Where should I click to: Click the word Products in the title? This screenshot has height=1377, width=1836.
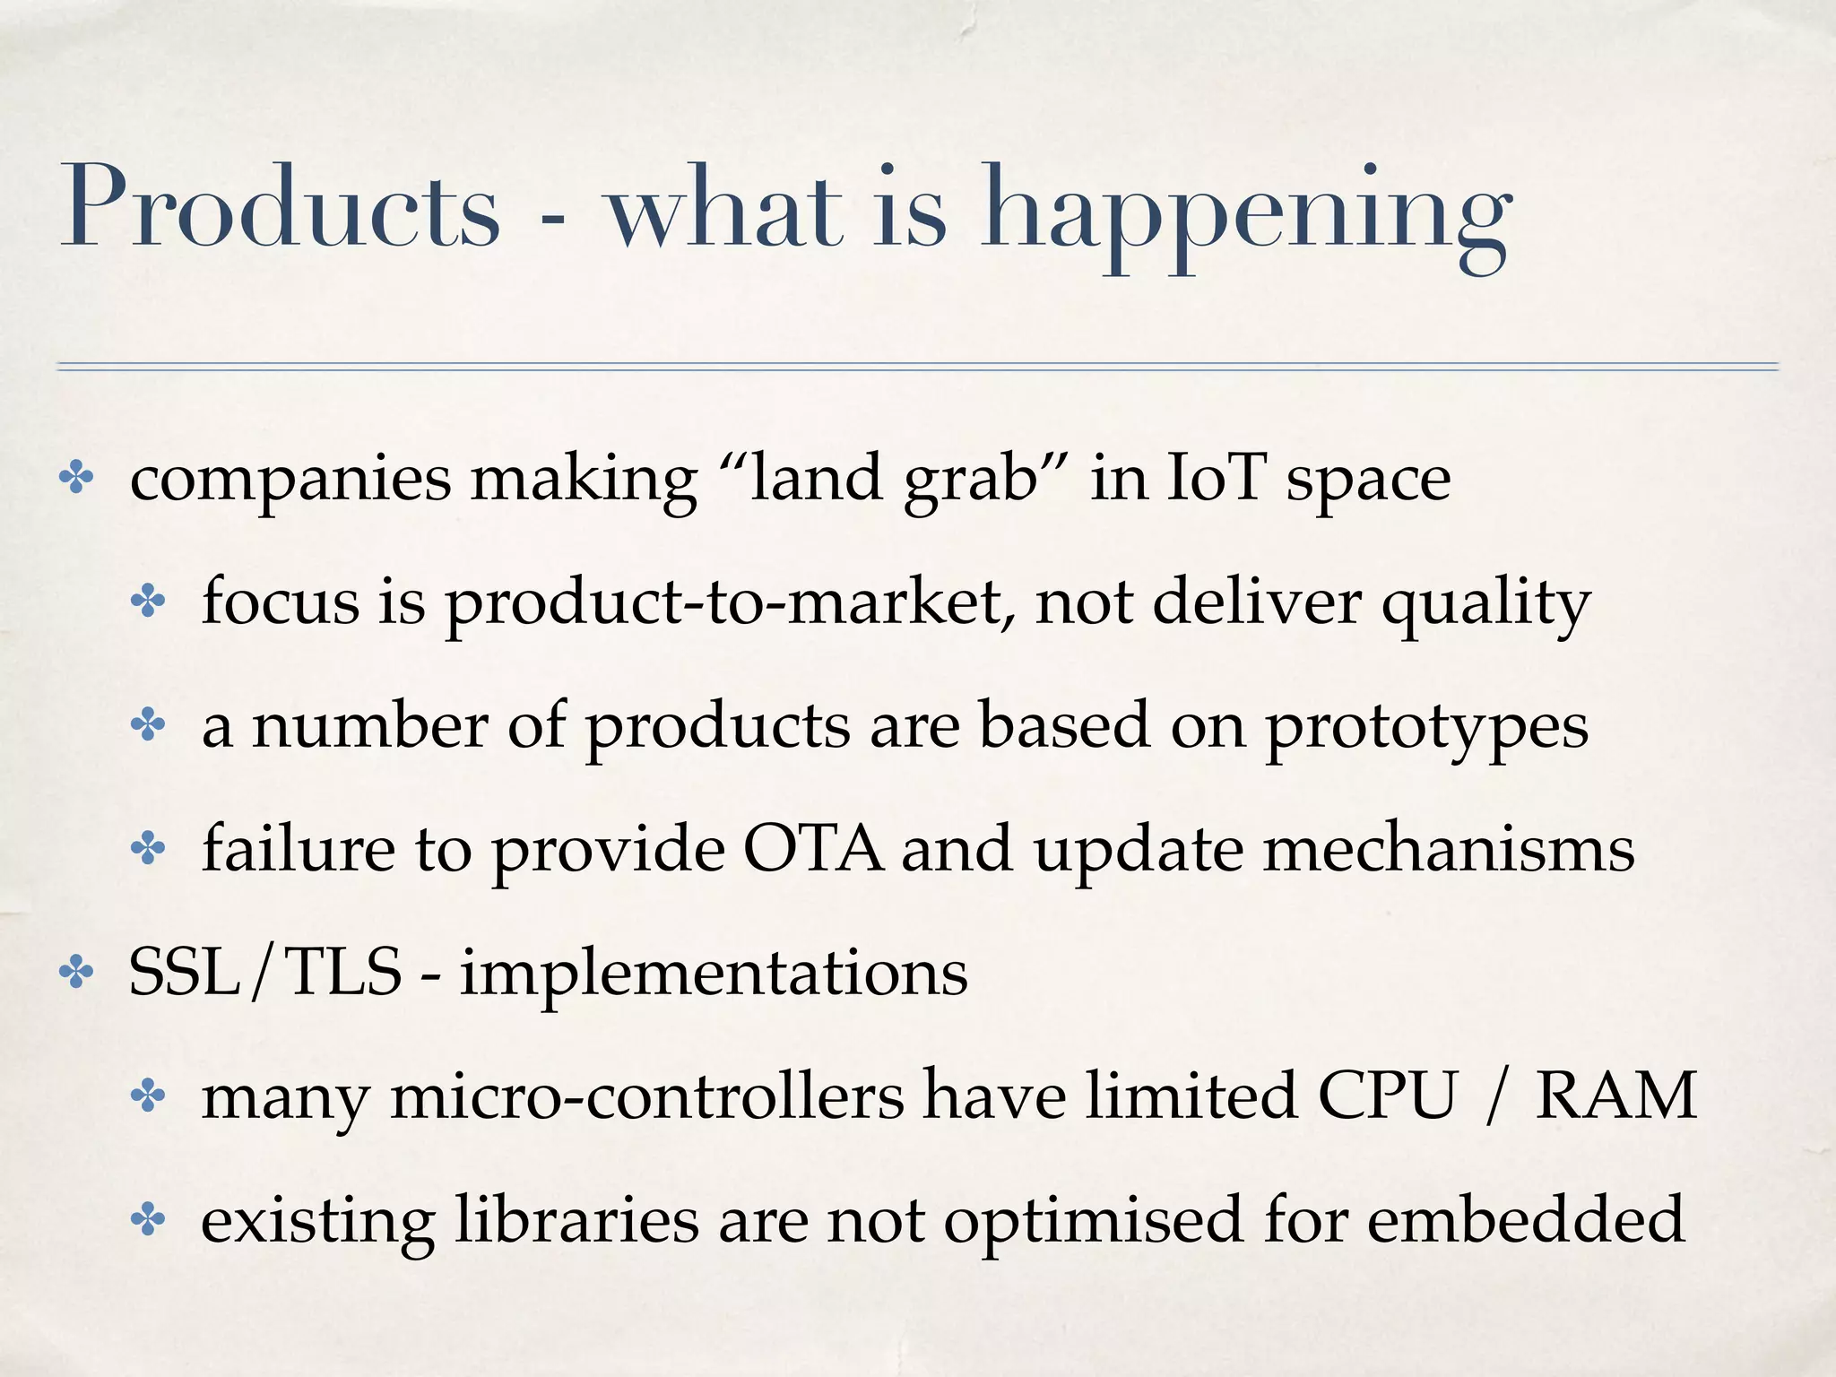pos(279,208)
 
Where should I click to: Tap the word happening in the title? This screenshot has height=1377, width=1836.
pos(1247,215)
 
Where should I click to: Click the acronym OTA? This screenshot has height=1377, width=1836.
pos(812,848)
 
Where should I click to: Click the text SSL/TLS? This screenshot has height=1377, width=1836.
pos(265,973)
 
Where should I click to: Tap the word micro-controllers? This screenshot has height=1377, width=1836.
pos(646,1096)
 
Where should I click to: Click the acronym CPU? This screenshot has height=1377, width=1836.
pos(1386,1096)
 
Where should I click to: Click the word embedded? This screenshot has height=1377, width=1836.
pos(1525,1219)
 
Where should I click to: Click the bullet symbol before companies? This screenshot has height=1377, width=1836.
pos(76,480)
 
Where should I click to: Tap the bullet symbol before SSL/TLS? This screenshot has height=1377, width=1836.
pos(76,974)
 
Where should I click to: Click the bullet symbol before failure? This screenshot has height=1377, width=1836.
pos(149,849)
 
